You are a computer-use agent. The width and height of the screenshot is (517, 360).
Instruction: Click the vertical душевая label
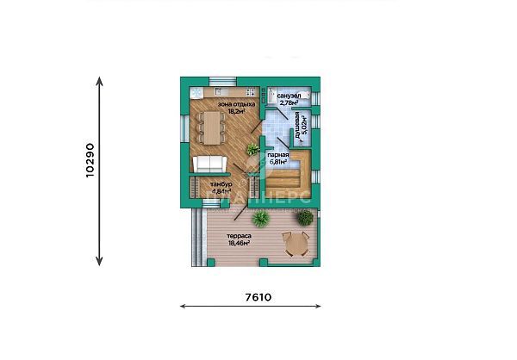[297, 126]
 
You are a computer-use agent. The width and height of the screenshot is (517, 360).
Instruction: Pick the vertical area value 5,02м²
[304, 126]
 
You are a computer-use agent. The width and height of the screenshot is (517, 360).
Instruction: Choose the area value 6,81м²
[278, 162]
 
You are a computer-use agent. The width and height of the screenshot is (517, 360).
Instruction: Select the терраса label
[239, 236]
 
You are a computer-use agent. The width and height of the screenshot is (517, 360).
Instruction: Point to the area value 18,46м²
[239, 243]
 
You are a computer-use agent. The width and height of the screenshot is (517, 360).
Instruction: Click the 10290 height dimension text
[90, 160]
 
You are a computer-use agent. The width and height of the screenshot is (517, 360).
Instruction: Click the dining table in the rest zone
[211, 127]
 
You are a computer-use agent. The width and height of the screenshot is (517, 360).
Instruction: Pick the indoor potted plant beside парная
[252, 149]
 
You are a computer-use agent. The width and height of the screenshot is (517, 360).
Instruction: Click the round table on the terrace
[295, 244]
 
